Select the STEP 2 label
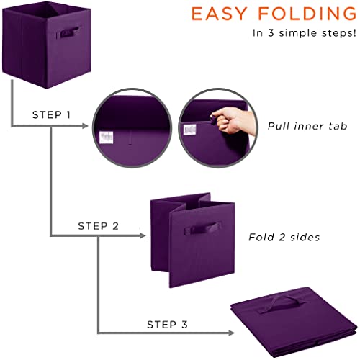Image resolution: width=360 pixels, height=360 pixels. (98, 225)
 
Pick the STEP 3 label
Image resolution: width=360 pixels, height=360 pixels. (165, 323)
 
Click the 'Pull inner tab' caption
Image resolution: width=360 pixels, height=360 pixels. (307, 126)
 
